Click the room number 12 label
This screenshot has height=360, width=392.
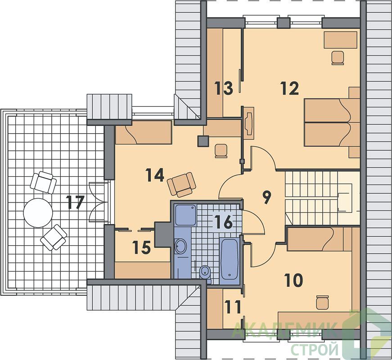(289, 88)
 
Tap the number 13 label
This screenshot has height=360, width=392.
(224, 88)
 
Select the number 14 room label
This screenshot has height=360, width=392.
(155, 175)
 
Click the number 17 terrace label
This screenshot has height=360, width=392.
(75, 202)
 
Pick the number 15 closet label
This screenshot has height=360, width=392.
(142, 247)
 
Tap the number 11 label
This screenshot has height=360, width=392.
(232, 306)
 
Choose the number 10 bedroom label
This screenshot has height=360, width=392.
(293, 280)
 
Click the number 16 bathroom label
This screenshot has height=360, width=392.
(224, 222)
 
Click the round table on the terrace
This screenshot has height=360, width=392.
(38, 213)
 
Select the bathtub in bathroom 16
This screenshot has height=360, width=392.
(229, 259)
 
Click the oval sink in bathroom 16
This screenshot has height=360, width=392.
(180, 246)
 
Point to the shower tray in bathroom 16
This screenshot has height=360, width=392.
(185, 215)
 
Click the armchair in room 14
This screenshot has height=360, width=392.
(182, 184)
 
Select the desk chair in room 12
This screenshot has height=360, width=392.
(338, 58)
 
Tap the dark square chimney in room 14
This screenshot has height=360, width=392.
(203, 141)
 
